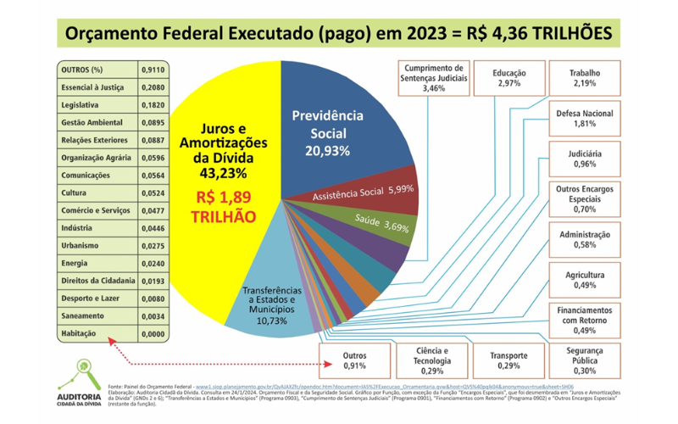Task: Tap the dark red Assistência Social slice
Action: tap(373, 194)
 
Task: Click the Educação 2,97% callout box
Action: tap(509, 78)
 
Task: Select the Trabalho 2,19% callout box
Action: tap(584, 78)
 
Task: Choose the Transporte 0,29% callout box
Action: tap(509, 360)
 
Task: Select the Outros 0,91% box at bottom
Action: tap(354, 360)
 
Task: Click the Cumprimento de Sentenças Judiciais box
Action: tap(433, 78)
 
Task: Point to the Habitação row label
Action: tap(79, 333)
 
